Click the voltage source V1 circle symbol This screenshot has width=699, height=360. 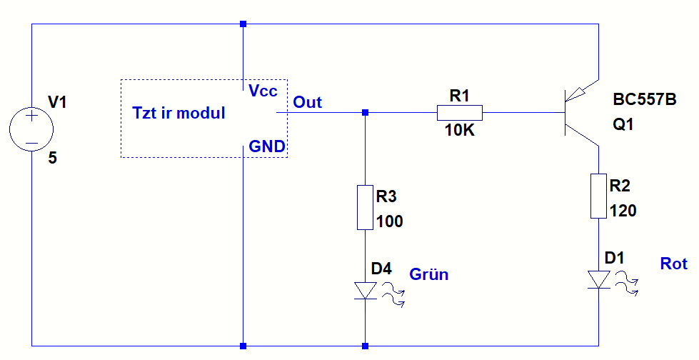coord(32,130)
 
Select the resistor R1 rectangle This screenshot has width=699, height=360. coord(459,113)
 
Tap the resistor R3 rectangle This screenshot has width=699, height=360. coord(365,208)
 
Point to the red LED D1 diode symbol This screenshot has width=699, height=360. coord(598,280)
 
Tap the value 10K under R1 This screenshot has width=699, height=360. coord(460,131)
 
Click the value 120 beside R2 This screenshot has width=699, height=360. coord(623,211)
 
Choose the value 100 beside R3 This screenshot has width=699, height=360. coord(389,221)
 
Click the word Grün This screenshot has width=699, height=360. coord(428,274)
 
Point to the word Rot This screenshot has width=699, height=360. coord(673,264)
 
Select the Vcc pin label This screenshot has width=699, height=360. coord(263,91)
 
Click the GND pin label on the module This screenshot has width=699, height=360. coord(266,146)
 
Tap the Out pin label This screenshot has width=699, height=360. coord(308,102)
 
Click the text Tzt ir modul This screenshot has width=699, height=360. coord(178,113)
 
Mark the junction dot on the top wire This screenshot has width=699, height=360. coord(243,24)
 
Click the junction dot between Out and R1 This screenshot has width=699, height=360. coord(366,113)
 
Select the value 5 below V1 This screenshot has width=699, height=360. coord(52,159)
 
